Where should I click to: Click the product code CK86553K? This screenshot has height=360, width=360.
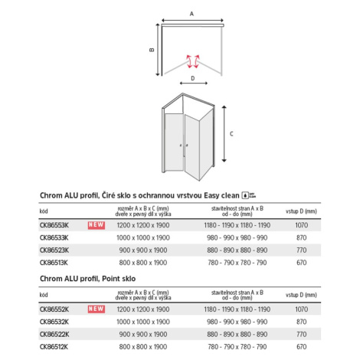pos(54,225)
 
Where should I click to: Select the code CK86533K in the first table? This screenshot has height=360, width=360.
pos(54,237)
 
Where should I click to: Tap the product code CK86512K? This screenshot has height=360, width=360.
pos(54,347)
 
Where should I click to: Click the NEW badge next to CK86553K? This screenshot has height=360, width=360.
pos(97,225)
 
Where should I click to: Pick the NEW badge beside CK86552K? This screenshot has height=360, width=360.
pos(97,309)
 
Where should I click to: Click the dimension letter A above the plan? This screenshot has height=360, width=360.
pos(191,14)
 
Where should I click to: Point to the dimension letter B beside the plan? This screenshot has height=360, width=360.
pos(152,50)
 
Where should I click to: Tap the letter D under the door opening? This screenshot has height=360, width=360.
pos(193,78)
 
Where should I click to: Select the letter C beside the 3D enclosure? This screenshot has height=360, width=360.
pos(231,134)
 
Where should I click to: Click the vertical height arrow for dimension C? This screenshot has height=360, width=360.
pos(224,134)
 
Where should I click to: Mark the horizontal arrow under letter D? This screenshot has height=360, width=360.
pos(194,83)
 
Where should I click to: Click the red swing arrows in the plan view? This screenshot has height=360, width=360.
pos(193,61)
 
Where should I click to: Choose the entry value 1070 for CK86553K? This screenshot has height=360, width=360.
pos(302,225)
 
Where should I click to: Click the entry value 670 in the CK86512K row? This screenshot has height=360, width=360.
pos(302,347)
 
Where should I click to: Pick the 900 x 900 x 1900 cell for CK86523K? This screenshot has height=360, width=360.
pos(143,250)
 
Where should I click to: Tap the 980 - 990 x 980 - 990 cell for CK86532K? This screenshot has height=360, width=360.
pos(237,322)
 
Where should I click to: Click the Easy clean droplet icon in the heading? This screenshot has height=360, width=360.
pos(245,195)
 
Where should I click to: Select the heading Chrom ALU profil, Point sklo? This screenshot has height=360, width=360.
pos(87,279)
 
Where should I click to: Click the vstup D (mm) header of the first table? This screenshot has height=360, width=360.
pos(301,211)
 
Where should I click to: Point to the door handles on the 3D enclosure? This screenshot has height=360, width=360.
pos(184,146)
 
